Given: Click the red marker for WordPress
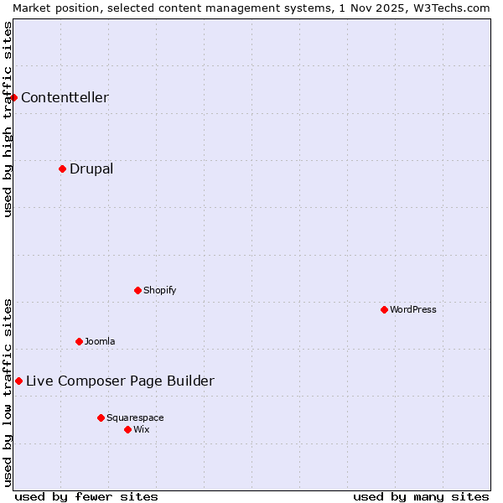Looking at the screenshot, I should pyautogui.click(x=384, y=309).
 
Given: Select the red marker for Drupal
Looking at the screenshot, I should pyautogui.click(x=62, y=169).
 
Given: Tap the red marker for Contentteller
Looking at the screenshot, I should pyautogui.click(x=13, y=97).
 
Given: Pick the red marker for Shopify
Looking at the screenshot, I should pyautogui.click(x=137, y=290).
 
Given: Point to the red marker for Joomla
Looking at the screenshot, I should pyautogui.click(x=79, y=341).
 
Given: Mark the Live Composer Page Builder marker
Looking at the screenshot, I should pyautogui.click(x=18, y=381).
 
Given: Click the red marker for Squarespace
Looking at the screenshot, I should pyautogui.click(x=101, y=417).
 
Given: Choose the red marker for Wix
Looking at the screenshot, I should pyautogui.click(x=127, y=429).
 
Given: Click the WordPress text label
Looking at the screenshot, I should pyautogui.click(x=413, y=309).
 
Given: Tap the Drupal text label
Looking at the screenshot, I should pyautogui.click(x=91, y=169).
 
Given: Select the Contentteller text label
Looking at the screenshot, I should pyautogui.click(x=65, y=97).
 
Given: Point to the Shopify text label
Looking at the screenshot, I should pyautogui.click(x=160, y=290).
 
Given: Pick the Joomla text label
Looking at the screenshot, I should pyautogui.click(x=100, y=341).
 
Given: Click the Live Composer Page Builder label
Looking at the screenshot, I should pyautogui.click(x=120, y=381).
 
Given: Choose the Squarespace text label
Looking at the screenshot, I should pyautogui.click(x=135, y=417).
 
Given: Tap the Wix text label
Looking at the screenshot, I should pyautogui.click(x=142, y=429).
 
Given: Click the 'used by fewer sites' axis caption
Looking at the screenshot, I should pyautogui.click(x=86, y=496).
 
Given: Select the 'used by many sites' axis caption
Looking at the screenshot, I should pyautogui.click(x=421, y=496).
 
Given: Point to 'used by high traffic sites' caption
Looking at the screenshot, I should pyautogui.click(x=8, y=119).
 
